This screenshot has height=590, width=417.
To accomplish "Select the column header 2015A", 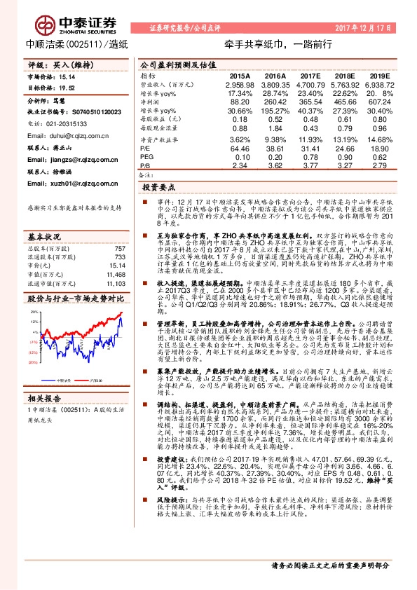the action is coord(240,75).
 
